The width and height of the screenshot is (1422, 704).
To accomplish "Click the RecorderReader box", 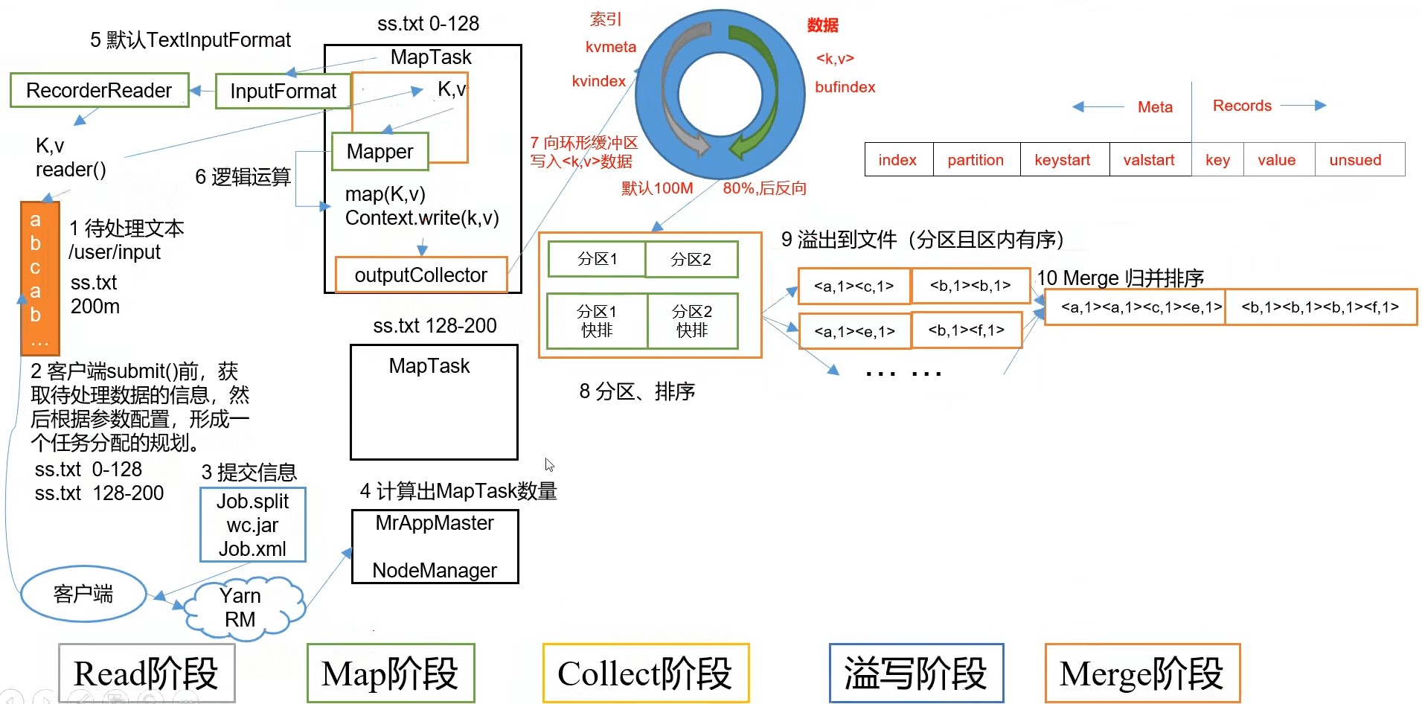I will coord(99,91).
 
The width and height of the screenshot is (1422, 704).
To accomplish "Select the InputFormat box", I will coord(283,92).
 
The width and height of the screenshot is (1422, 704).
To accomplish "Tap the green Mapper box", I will coord(379,152).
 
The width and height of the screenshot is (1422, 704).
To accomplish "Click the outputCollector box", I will coord(420,275).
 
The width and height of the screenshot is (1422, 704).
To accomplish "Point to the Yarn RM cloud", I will coord(240,608).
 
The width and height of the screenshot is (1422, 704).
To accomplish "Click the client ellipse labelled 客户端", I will coord(83,594).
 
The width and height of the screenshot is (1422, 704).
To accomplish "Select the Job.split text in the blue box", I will coord(252,502).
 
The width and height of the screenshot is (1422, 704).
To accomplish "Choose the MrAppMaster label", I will coord(435,523).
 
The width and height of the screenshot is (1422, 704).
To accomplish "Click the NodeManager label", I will coord(435,571).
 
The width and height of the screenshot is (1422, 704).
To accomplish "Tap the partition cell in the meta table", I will coord(976,160).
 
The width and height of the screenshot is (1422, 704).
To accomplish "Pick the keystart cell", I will coord(1062,160).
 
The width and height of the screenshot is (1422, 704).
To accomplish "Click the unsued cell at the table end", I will coord(1355,160).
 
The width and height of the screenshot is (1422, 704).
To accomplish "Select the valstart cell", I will coord(1148,160).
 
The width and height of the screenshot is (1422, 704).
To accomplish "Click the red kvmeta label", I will coord(610,47).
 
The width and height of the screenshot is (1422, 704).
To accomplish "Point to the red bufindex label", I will coord(845,87).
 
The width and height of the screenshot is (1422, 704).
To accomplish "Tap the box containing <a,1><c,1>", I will coord(853,287).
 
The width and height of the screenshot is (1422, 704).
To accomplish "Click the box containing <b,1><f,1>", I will coord(966,330).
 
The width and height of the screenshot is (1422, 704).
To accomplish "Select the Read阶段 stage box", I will coord(147,673).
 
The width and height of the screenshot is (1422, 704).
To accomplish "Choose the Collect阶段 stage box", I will coord(645,673).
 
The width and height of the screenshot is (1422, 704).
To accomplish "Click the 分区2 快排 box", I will coord(692,321).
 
